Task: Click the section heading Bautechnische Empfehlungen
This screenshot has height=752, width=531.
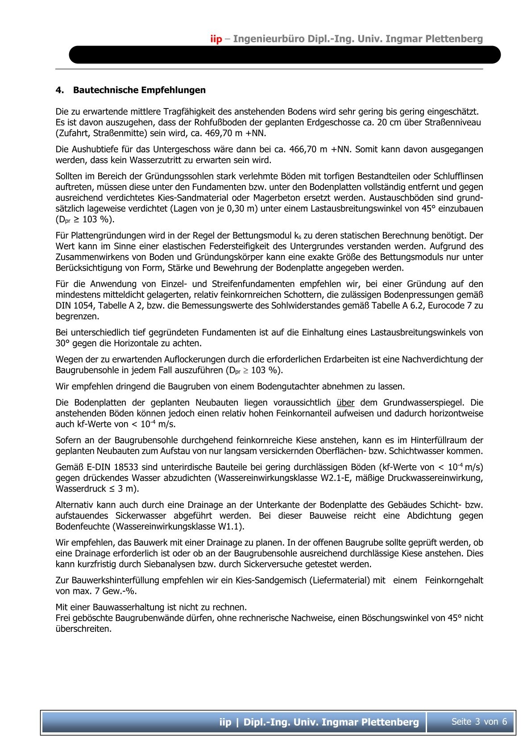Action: [139, 90]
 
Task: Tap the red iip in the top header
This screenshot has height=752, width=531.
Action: [216, 39]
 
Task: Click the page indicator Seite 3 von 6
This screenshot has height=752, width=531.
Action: [479, 722]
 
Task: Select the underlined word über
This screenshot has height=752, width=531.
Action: [345, 403]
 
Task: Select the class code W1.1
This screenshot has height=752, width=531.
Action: [229, 526]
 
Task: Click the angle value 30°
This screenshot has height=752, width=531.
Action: [63, 343]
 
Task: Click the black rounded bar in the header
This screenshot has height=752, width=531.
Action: [284, 55]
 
